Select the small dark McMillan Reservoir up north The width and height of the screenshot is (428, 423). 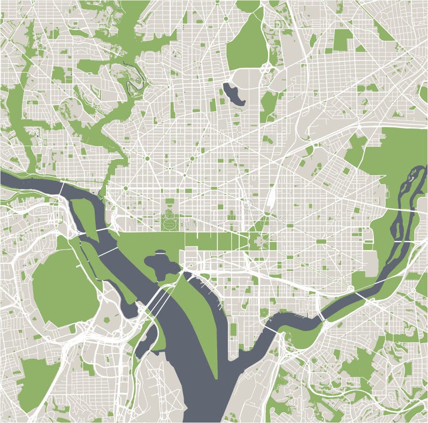tap(233, 93)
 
